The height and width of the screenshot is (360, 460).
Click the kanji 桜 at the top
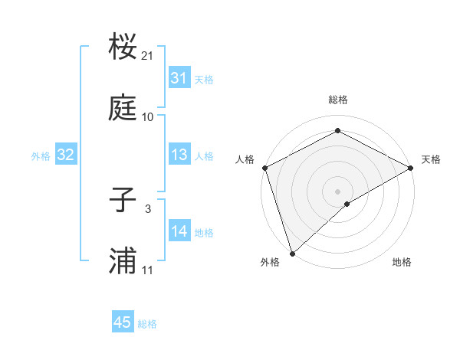[x=123, y=47]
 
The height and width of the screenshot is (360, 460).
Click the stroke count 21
[x=148, y=56]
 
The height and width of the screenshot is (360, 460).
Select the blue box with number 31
[x=179, y=78]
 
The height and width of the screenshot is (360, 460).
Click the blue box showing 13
[x=179, y=155]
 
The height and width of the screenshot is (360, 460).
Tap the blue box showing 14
[x=179, y=231]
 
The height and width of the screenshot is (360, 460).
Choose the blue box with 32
[x=65, y=155]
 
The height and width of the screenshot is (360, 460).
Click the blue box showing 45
[x=123, y=322]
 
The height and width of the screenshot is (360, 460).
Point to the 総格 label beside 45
[x=147, y=324]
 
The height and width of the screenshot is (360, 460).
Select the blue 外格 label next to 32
[x=41, y=156]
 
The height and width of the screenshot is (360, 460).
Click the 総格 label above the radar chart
[x=338, y=100]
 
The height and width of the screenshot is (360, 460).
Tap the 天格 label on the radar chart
[x=431, y=159]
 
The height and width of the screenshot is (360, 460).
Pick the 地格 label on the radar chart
[x=402, y=262]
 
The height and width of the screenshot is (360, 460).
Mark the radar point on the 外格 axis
[x=292, y=253]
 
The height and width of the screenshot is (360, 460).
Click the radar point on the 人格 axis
[x=264, y=168]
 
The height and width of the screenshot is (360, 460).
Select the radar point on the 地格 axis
[x=347, y=204]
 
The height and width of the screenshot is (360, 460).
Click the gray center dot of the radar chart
[x=337, y=191]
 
